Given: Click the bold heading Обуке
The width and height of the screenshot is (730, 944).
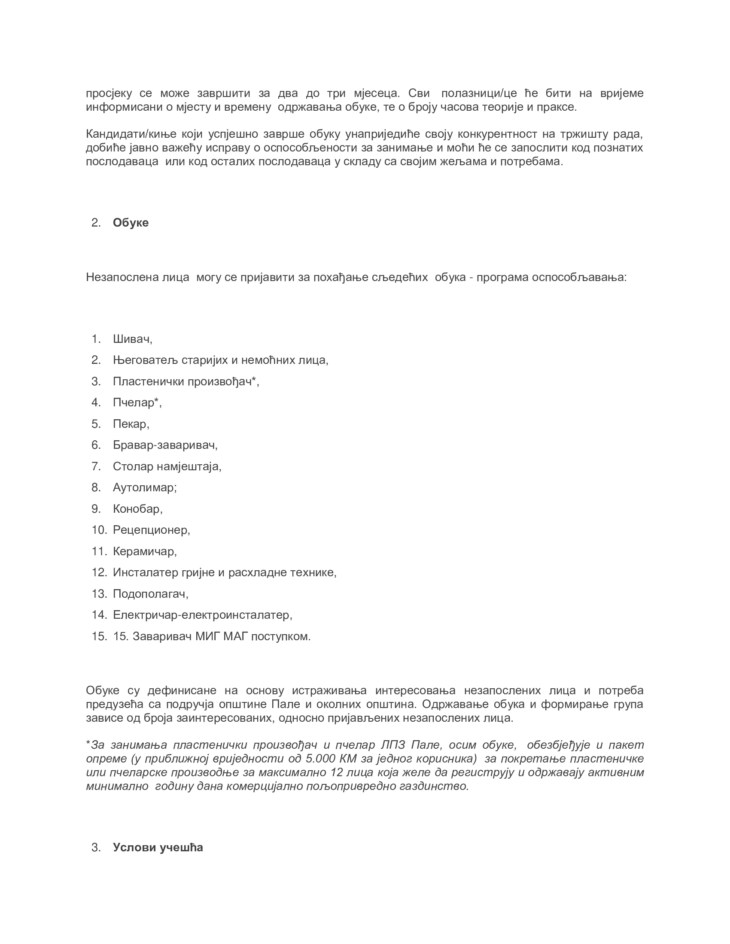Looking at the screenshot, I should click(131, 223).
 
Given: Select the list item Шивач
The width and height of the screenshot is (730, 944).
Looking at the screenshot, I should click(132, 339).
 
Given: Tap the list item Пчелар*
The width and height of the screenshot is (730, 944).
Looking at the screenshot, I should click(137, 402).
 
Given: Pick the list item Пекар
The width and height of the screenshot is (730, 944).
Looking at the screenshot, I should click(131, 424).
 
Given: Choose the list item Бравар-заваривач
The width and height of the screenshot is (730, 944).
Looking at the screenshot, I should click(165, 445).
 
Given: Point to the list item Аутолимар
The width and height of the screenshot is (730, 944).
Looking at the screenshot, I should click(144, 487).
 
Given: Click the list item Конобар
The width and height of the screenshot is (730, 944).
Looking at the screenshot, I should click(137, 509).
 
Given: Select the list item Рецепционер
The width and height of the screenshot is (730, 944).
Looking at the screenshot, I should click(151, 529).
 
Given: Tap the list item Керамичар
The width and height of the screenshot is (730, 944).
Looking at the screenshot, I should click(144, 551).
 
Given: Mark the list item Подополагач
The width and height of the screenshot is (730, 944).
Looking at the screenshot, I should click(150, 593).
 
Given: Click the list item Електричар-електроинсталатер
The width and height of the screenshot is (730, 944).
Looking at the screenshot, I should click(202, 614).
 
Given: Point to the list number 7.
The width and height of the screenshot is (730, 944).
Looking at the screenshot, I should click(96, 466).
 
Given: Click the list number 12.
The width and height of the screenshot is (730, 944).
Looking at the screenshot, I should click(99, 572).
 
